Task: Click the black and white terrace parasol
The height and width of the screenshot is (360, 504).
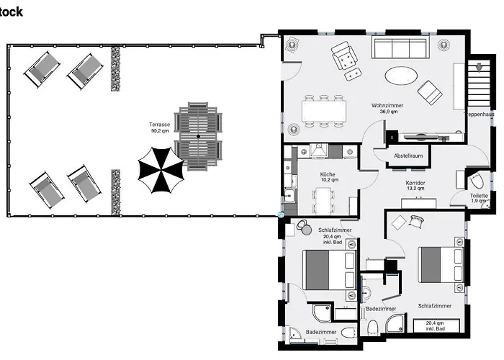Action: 161,170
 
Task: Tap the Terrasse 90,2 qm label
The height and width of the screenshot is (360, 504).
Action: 160,128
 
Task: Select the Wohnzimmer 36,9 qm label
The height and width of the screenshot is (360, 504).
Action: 387,109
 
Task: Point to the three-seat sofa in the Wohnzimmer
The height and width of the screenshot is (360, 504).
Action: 400,48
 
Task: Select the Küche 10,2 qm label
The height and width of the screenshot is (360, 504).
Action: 328,177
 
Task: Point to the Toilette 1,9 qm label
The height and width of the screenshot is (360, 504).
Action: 479,198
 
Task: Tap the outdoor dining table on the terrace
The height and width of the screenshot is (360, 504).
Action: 198,136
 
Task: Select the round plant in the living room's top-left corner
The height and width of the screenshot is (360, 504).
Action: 293,45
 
